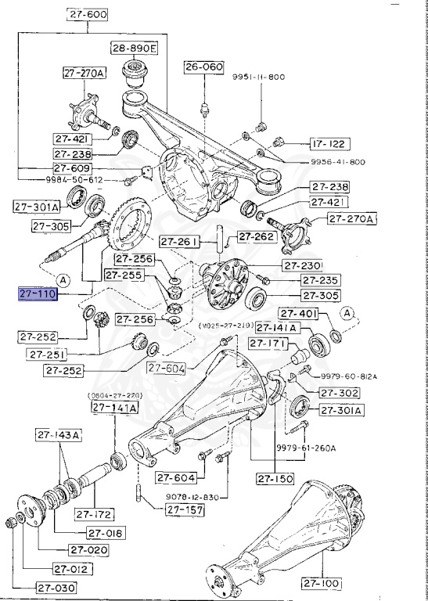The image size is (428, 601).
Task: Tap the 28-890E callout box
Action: [x=134, y=49]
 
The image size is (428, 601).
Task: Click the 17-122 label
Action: [x=329, y=144]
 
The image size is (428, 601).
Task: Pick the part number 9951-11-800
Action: [x=258, y=77]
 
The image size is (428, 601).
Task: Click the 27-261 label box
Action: [x=178, y=242]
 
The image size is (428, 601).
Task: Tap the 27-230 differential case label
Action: [x=321, y=265]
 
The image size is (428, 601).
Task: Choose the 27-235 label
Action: [x=321, y=280]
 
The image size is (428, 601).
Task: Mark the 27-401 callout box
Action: [x=318, y=314]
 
